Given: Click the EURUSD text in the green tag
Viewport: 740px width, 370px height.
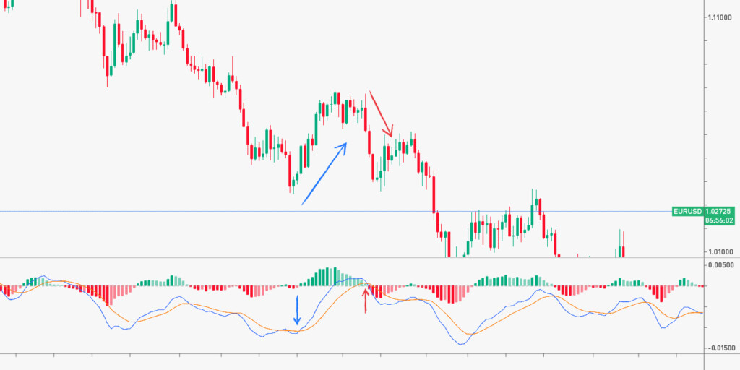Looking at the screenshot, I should tap(687, 211).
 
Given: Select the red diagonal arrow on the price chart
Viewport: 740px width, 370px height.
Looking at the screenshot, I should tap(381, 114).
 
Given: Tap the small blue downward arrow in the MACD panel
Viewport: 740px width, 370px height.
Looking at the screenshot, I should tap(296, 309).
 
